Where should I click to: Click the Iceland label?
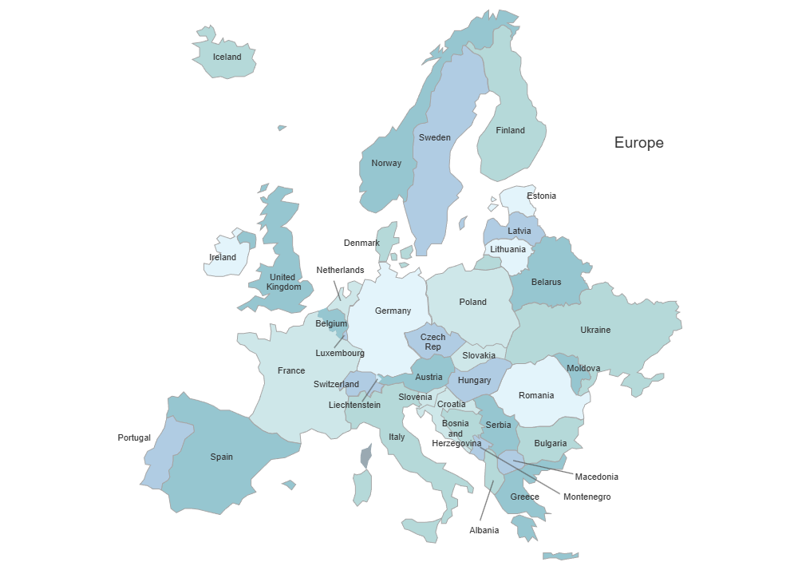click(227, 57)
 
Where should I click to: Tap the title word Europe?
click(638, 143)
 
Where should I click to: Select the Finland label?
click(510, 130)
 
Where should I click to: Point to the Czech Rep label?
click(433, 342)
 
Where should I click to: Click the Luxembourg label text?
click(340, 353)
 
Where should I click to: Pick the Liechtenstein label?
click(354, 405)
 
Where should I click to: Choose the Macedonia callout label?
click(596, 477)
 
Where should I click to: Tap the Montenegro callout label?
click(587, 497)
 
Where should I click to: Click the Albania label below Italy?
click(484, 530)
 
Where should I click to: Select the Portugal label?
click(134, 437)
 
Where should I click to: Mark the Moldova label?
click(583, 368)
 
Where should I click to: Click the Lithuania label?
click(508, 249)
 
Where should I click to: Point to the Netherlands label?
click(340, 270)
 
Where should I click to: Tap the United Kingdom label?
click(284, 282)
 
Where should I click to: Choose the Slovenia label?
click(415, 397)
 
